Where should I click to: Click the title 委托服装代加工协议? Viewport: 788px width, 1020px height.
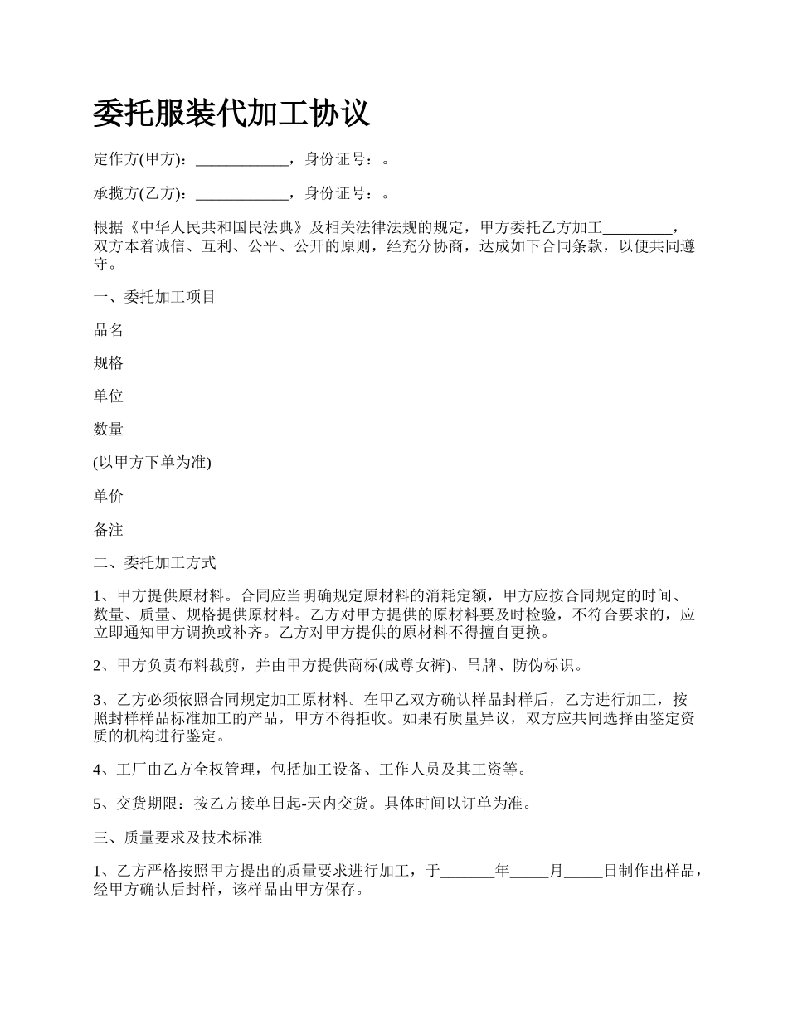pos(231,114)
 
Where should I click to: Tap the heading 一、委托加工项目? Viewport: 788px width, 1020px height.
pos(154,297)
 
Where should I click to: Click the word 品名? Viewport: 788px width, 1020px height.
pos(109,330)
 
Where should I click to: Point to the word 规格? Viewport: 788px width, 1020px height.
pos(109,363)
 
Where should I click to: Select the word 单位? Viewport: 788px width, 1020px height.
pos(109,396)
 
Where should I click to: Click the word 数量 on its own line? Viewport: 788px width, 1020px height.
pos(109,430)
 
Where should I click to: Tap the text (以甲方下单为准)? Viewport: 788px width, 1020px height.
pos(153,463)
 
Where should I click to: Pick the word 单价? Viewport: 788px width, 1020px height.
pos(109,496)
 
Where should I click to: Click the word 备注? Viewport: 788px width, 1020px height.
pos(109,529)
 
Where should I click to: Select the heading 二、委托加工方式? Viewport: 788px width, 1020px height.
pos(154,563)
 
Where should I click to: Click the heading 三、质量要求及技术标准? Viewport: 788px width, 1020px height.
pos(178,838)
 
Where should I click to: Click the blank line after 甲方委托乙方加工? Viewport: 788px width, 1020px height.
pos(636,227)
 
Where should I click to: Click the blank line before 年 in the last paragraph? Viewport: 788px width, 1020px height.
pos(467,871)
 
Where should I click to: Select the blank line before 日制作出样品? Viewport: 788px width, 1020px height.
pos(583,871)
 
